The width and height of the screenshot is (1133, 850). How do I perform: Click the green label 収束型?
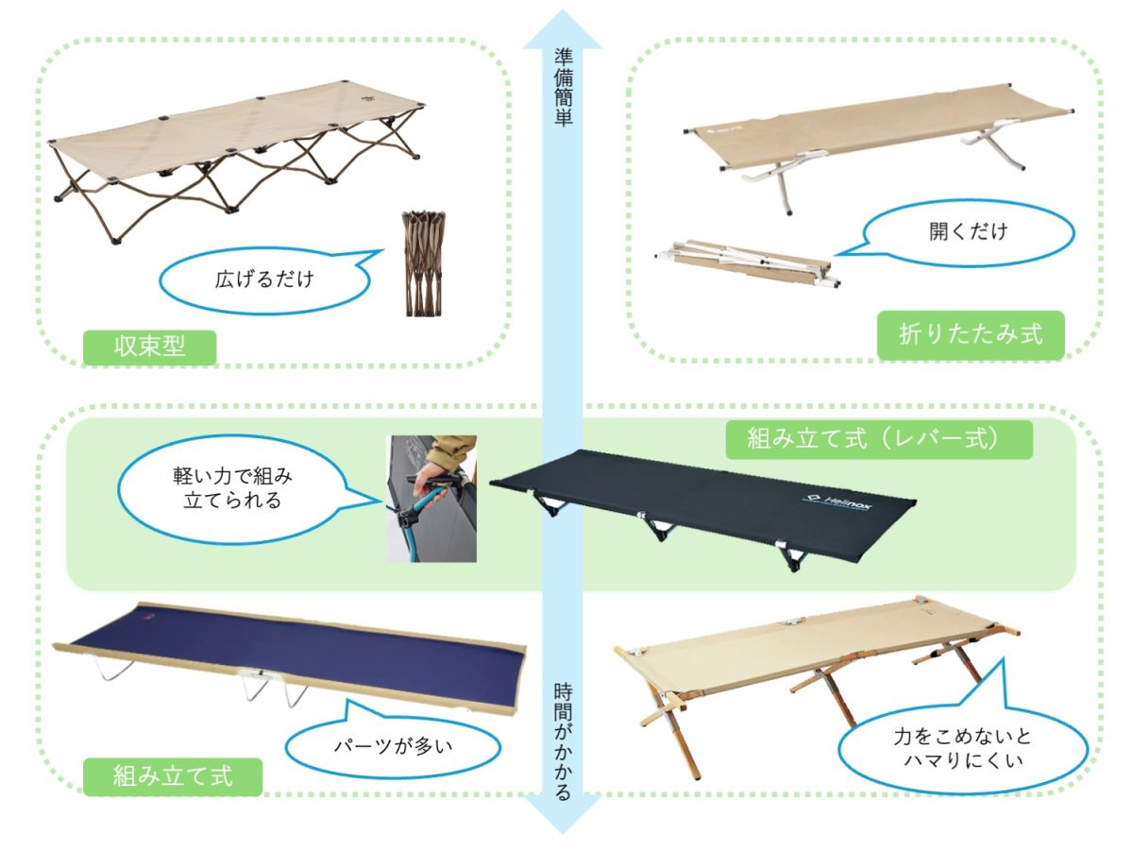click(x=149, y=347)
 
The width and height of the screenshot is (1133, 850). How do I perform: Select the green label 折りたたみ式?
click(x=971, y=334)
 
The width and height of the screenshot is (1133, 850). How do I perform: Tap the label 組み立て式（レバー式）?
click(x=878, y=439)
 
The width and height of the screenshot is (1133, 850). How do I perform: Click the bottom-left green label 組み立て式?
click(x=173, y=775)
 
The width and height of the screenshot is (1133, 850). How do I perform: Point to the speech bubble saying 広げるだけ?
click(x=264, y=280)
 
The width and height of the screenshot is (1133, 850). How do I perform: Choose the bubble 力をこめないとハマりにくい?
click(x=963, y=748)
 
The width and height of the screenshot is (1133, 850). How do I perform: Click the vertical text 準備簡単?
click(x=563, y=88)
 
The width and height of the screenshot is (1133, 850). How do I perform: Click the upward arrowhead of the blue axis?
click(x=563, y=29)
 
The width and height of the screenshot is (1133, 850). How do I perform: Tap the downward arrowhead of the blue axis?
click(x=563, y=813)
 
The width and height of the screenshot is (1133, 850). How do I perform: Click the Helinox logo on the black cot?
click(x=837, y=501)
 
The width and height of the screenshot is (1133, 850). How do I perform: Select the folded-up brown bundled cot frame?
click(x=423, y=263)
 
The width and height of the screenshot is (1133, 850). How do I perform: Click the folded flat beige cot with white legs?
click(x=748, y=263)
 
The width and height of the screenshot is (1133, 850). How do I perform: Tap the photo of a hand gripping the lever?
click(x=431, y=499)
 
